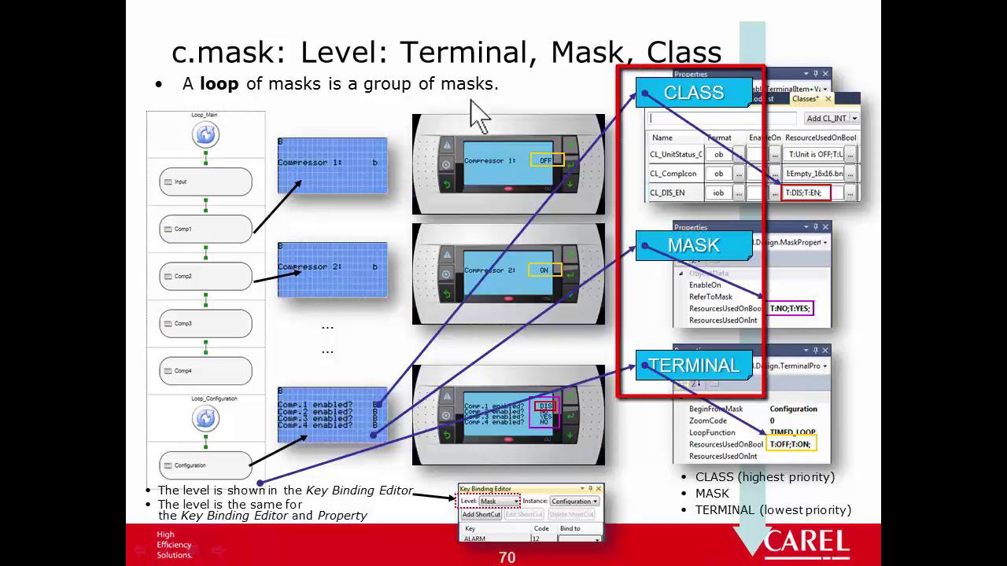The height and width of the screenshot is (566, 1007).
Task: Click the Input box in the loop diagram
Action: [x=205, y=182]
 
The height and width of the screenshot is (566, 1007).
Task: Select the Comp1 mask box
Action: [x=205, y=229]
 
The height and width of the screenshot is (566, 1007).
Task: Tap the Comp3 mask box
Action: [x=205, y=323]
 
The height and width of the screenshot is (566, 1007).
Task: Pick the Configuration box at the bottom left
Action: [x=205, y=465]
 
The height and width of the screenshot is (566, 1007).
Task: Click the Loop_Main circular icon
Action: [x=205, y=135]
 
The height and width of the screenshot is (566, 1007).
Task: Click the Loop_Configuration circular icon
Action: [x=205, y=418]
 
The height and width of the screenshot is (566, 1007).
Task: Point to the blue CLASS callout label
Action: [x=693, y=92]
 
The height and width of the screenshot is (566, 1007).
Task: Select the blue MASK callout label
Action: [x=693, y=245]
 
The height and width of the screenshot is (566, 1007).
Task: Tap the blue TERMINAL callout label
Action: [x=693, y=366]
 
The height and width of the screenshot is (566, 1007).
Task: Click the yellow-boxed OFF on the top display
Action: [x=544, y=160]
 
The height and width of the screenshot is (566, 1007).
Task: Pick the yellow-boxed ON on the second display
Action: [x=544, y=270]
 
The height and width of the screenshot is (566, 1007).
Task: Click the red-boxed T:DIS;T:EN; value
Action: [x=806, y=193]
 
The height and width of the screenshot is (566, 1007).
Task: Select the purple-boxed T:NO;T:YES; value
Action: [x=790, y=308]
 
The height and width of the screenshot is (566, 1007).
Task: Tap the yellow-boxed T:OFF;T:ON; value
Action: [x=790, y=444]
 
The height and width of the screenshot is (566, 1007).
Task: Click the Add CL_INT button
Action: [x=831, y=119]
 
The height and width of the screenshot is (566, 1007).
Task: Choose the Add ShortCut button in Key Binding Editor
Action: [x=481, y=514]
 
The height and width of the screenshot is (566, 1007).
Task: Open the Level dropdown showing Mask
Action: [x=499, y=501]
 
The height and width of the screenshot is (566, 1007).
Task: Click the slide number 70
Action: [x=507, y=557]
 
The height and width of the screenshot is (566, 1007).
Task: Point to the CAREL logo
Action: [x=806, y=543]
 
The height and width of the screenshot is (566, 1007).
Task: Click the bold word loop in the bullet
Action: [x=219, y=83]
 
